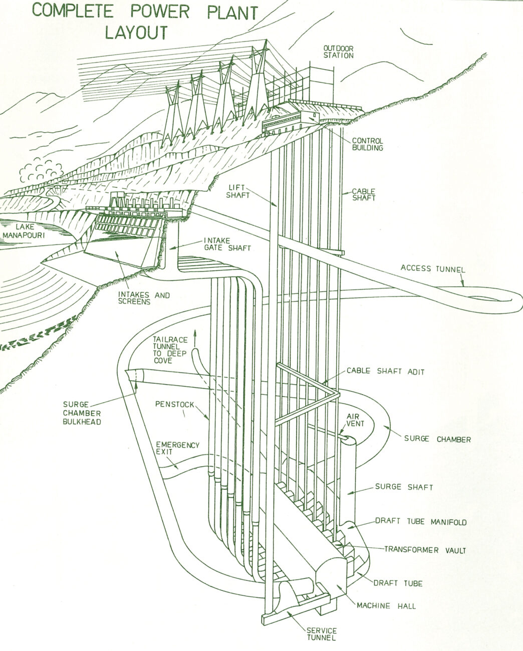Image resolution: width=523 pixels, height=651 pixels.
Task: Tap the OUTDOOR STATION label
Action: [x=338, y=52]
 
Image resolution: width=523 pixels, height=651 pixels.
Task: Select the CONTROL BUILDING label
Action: [x=367, y=144]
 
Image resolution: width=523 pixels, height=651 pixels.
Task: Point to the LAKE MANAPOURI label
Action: [x=24, y=231]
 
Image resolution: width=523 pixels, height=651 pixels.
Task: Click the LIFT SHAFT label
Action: [x=238, y=191]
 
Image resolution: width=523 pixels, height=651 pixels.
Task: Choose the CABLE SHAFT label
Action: [x=364, y=194]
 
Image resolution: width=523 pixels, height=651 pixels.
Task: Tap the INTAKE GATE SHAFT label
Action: [x=227, y=244]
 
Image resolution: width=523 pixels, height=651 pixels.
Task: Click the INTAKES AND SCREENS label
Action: [x=144, y=298]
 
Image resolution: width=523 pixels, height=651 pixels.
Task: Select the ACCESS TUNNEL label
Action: [x=433, y=268]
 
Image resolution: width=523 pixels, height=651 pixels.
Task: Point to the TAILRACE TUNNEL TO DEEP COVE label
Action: [x=170, y=350]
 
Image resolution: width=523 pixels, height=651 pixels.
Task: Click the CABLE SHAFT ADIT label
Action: [x=385, y=371]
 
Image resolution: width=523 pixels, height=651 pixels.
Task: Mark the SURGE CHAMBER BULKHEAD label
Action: [x=82, y=413]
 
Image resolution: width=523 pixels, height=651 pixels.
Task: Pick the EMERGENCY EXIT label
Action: [x=178, y=449]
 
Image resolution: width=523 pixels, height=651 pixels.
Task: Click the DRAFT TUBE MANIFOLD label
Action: [x=421, y=521]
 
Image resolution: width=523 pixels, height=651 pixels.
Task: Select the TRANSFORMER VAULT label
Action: [x=425, y=550]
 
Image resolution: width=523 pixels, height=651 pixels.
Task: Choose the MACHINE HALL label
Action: [x=386, y=606]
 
